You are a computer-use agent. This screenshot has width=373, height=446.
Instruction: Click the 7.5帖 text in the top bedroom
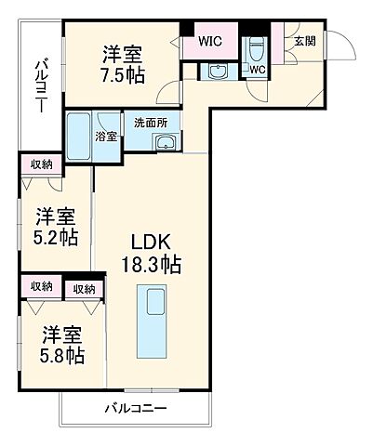tap(123, 74)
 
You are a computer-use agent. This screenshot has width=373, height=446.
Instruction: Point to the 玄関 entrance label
tap(305, 42)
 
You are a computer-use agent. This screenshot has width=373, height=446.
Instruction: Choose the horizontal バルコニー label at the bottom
tap(136, 409)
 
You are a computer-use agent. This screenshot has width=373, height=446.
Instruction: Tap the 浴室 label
tap(105, 136)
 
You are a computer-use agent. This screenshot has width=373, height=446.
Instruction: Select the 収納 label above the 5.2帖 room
tap(41, 164)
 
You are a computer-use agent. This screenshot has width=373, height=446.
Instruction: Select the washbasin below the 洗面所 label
tap(166, 142)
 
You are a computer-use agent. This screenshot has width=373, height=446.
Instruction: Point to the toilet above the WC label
tap(255, 47)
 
